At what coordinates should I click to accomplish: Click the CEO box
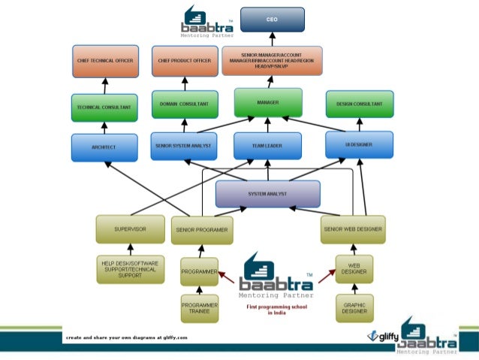click(x=272, y=20)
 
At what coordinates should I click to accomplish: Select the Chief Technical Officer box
click(x=104, y=60)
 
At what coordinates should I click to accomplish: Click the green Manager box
click(x=268, y=101)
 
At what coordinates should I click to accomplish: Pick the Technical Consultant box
click(x=104, y=107)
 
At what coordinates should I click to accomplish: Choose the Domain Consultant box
click(x=184, y=103)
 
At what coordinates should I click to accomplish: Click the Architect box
click(x=104, y=147)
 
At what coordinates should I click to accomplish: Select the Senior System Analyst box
click(x=184, y=145)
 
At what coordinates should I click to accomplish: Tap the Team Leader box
click(x=268, y=146)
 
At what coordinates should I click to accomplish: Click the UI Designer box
click(x=359, y=144)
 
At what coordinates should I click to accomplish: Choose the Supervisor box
click(x=130, y=228)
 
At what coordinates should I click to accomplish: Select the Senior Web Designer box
click(x=353, y=228)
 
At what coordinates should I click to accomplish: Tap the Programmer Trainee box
click(x=199, y=308)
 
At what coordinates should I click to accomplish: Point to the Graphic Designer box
click(x=354, y=307)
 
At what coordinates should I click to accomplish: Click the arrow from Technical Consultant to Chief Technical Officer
click(x=104, y=85)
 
